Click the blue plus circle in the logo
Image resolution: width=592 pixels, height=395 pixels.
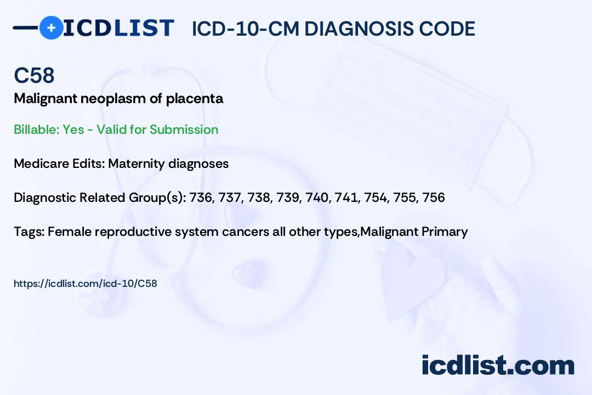tap(51, 27)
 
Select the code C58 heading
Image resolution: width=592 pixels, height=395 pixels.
tap(34, 75)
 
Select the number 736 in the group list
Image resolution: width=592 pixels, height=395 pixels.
tap(200, 198)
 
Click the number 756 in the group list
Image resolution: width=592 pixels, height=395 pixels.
tap(434, 198)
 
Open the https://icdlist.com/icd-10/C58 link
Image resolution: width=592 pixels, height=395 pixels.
tap(85, 284)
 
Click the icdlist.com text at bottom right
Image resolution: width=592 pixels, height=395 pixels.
tap(498, 365)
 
